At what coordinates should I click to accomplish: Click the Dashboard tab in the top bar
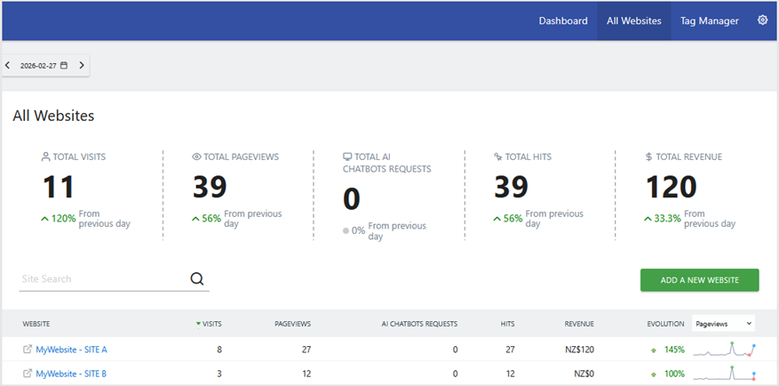click(x=563, y=20)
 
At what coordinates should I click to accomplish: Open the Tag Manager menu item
click(x=709, y=20)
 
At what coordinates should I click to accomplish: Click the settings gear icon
click(x=762, y=20)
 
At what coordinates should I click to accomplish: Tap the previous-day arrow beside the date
click(x=8, y=65)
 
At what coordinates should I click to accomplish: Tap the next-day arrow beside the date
click(x=82, y=65)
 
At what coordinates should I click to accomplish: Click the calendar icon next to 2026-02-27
click(x=64, y=65)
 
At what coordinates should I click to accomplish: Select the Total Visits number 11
click(x=59, y=187)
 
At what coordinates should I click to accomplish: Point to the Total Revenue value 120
click(x=671, y=187)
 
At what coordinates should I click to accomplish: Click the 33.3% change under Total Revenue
click(x=667, y=218)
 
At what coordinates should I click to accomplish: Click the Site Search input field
click(x=102, y=279)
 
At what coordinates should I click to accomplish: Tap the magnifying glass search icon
click(x=197, y=279)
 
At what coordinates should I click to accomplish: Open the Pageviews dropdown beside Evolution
click(x=722, y=324)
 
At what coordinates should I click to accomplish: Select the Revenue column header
click(x=579, y=324)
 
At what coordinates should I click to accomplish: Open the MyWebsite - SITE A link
click(x=71, y=350)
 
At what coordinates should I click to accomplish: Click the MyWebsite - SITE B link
click(x=71, y=374)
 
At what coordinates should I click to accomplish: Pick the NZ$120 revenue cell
click(x=578, y=350)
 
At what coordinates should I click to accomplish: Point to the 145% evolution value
click(x=673, y=350)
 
